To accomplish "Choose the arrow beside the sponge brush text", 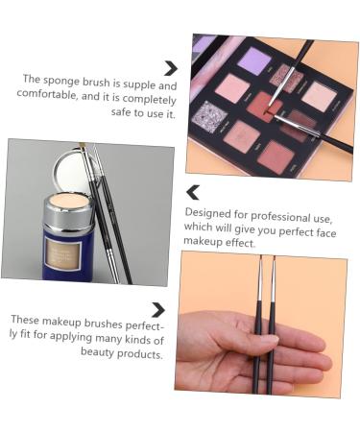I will click(170, 67).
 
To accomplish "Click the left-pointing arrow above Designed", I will click(193, 192).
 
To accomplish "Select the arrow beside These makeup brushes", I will click(157, 309).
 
